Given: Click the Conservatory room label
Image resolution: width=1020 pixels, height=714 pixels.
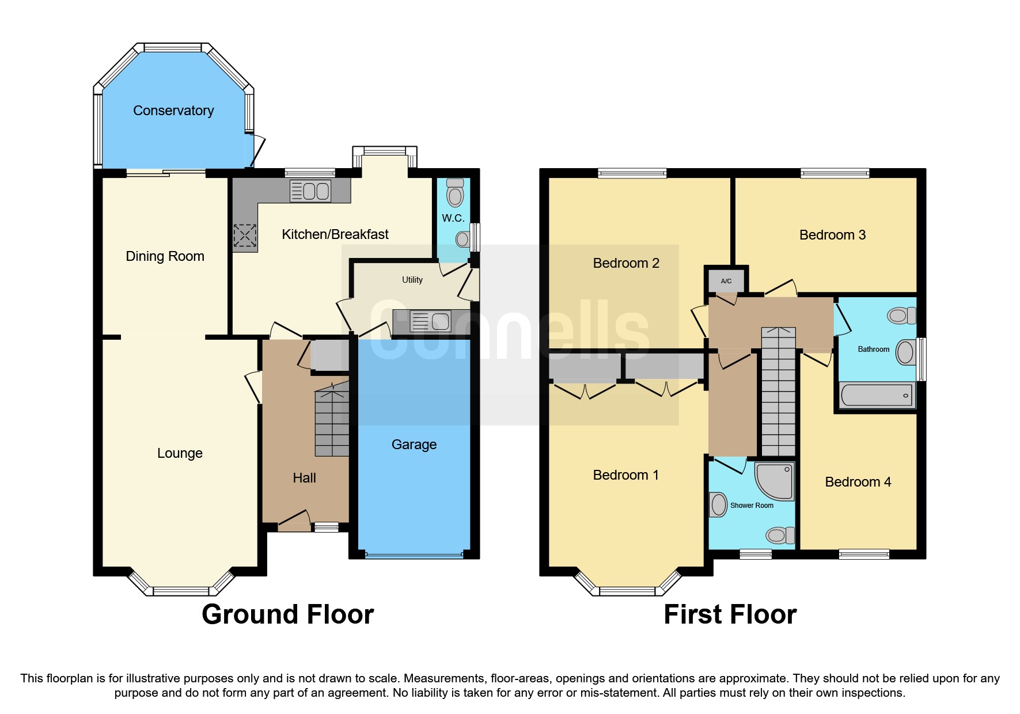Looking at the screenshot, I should click(173, 111).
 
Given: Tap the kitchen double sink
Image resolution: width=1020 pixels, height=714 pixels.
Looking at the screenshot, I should click(310, 191).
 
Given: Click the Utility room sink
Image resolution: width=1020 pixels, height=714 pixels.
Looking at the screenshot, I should click(430, 321).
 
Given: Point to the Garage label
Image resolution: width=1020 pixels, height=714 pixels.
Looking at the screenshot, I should click(414, 445).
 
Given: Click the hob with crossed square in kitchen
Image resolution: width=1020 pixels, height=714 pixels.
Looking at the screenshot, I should click(245, 235).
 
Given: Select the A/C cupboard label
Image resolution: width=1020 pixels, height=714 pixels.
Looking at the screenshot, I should click(726, 281).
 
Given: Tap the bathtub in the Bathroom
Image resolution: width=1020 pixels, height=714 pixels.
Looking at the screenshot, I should click(876, 395).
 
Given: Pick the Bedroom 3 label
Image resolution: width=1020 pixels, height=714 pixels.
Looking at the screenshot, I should click(832, 235).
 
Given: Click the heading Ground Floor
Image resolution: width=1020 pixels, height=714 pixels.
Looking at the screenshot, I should click(287, 614).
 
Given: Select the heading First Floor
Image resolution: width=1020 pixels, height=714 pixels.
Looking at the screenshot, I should click(730, 614).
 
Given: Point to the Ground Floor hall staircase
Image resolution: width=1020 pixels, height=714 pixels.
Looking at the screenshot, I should click(332, 420).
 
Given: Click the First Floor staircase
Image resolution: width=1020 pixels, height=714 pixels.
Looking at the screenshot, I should click(778, 392).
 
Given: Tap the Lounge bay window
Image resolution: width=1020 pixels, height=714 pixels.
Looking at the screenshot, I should click(181, 591).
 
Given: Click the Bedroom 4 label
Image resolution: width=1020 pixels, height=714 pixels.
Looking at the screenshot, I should click(858, 482).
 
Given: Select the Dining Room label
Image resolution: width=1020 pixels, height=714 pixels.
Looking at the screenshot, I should click(165, 256).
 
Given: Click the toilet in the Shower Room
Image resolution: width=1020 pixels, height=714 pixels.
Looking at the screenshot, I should click(779, 535).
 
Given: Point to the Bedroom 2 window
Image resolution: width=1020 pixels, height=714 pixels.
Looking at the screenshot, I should click(632, 173).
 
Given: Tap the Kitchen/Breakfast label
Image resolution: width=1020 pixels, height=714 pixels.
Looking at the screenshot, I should click(335, 234).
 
